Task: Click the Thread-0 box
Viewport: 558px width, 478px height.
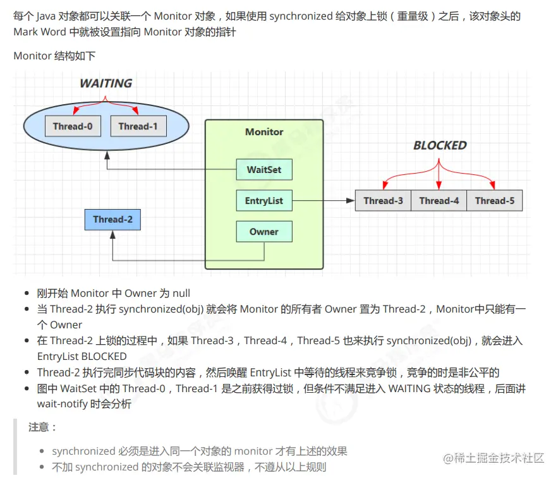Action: (73, 126)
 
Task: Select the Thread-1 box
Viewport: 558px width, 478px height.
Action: (138, 126)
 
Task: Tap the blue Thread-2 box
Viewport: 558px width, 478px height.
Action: (112, 220)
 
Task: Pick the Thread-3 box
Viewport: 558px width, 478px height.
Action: (383, 201)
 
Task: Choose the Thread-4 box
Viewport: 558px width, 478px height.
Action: (439, 201)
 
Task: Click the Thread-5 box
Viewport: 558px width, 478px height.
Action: (494, 201)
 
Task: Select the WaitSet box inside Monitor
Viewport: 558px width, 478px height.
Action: (264, 170)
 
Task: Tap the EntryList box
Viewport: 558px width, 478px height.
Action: (264, 201)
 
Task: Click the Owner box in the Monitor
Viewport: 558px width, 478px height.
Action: (264, 232)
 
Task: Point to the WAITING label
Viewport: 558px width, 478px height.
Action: (106, 83)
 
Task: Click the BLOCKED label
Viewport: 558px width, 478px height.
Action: (440, 145)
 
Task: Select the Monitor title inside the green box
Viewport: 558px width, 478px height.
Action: (264, 132)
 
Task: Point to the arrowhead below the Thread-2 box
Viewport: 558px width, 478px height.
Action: (112, 235)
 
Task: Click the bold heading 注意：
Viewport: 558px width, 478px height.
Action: (43, 427)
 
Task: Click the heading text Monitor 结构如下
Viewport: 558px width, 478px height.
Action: (54, 56)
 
